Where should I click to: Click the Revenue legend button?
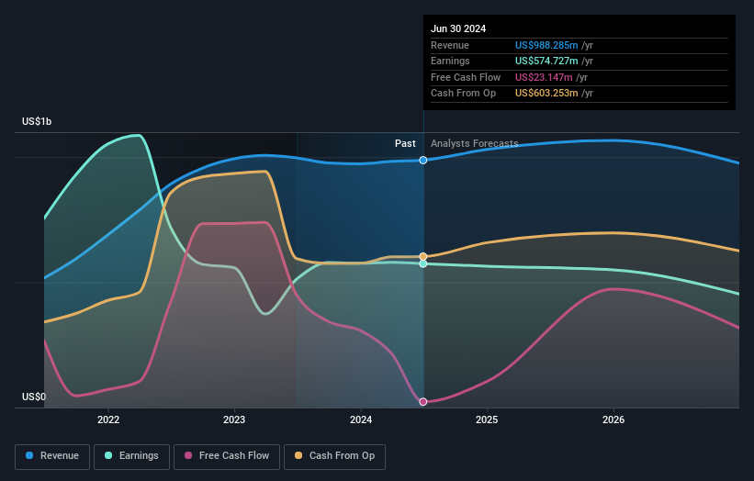pyautogui.click(x=52, y=456)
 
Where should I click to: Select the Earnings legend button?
pyautogui.click(x=132, y=456)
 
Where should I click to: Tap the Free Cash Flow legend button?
pyautogui.click(x=224, y=456)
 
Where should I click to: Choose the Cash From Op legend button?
pyautogui.click(x=334, y=456)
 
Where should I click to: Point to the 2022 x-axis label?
pyautogui.click(x=108, y=419)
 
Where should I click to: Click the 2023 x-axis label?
pyautogui.click(x=234, y=419)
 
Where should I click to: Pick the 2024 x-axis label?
pyautogui.click(x=361, y=419)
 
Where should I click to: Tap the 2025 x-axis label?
pyautogui.click(x=487, y=419)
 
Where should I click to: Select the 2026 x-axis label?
pyautogui.click(x=613, y=419)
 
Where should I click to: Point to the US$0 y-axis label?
pyautogui.click(x=34, y=397)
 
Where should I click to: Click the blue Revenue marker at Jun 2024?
pyautogui.click(x=423, y=161)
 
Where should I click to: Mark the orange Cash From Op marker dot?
pyautogui.click(x=423, y=256)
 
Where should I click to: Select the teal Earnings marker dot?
pyautogui.click(x=423, y=263)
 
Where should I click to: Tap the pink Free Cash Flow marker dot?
pyautogui.click(x=423, y=402)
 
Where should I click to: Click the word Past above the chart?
pyautogui.click(x=405, y=143)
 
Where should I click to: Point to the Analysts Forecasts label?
pyautogui.click(x=474, y=143)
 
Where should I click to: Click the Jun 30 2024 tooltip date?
pyautogui.click(x=458, y=28)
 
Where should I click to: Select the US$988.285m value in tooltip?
pyautogui.click(x=546, y=46)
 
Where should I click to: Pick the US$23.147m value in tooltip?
pyautogui.click(x=543, y=77)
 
